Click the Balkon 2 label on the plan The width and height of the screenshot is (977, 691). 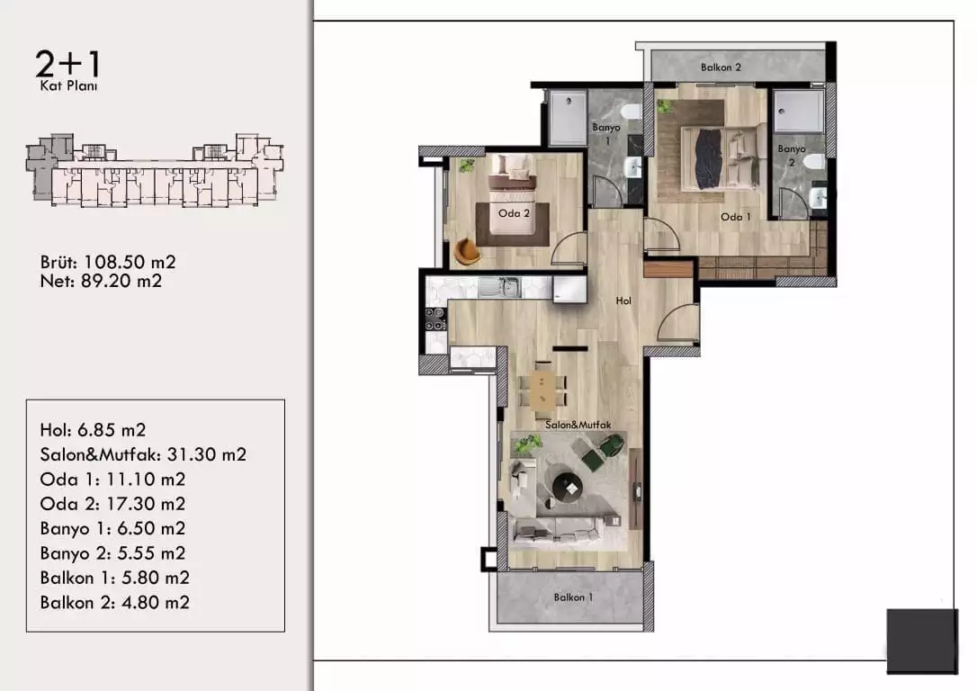point(721,67)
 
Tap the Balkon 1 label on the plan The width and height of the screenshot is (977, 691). point(573,597)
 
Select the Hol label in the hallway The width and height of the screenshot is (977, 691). point(623,301)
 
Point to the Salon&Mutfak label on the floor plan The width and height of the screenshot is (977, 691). point(578,425)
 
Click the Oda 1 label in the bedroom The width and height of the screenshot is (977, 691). point(735,217)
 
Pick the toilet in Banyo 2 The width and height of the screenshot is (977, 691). point(814,162)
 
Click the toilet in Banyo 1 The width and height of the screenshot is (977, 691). point(632,112)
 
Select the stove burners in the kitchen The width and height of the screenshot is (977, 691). point(435,319)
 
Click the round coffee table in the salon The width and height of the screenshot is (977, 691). point(568,485)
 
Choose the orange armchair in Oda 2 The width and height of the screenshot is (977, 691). point(467,250)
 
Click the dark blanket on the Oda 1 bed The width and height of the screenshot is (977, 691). point(708,158)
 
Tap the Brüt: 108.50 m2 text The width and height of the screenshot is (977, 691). point(108,262)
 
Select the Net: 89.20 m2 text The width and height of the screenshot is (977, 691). point(101,281)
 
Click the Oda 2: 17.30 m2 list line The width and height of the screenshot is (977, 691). point(112,504)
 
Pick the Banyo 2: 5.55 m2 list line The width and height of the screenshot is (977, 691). point(112,552)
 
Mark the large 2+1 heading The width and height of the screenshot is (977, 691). point(67,64)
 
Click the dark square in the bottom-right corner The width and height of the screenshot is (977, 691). point(922,642)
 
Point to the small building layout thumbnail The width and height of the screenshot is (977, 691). point(155,169)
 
